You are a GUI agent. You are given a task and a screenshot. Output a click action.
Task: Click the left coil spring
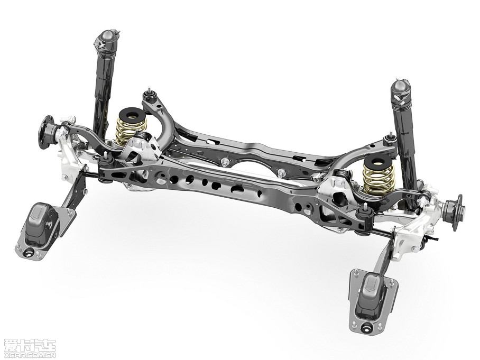point(130,130)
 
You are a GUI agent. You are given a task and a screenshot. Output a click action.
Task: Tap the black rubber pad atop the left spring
point(132,114)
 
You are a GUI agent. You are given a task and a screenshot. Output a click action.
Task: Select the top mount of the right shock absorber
point(401,91)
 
